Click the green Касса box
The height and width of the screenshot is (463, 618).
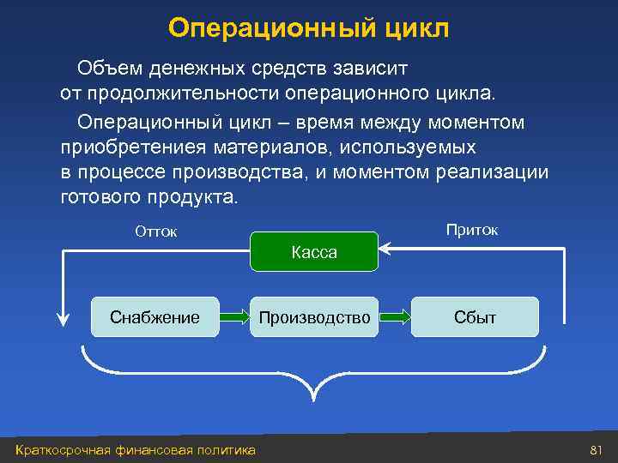click(x=314, y=252)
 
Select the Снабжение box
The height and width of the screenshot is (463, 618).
click(x=154, y=317)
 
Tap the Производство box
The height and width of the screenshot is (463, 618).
click(x=314, y=317)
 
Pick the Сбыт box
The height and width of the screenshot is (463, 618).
click(x=475, y=317)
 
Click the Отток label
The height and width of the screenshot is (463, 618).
click(x=156, y=231)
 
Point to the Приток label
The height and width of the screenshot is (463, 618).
click(x=471, y=230)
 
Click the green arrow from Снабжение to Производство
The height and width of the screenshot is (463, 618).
click(x=234, y=317)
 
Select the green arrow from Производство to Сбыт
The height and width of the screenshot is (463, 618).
click(x=395, y=317)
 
